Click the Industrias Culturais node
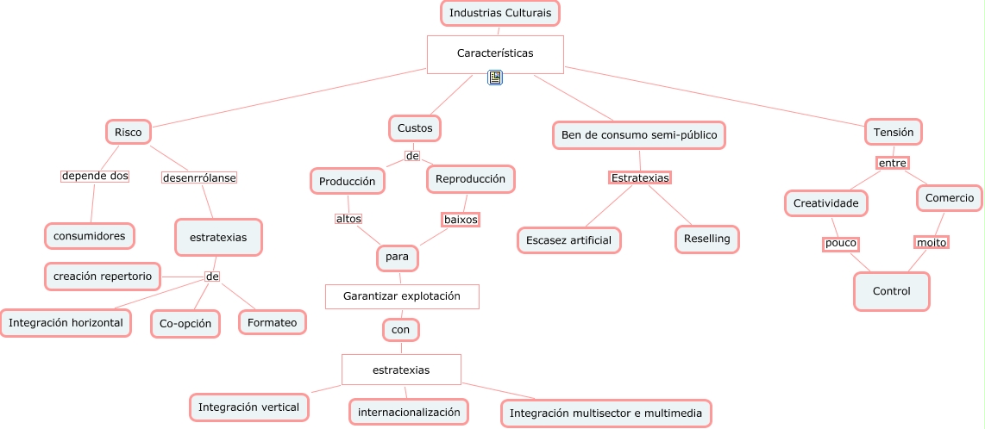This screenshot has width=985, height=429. (x=500, y=13)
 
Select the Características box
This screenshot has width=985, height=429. (x=495, y=53)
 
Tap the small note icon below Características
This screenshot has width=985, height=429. (x=495, y=78)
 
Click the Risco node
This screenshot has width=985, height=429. (x=129, y=132)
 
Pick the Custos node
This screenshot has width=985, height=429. (x=415, y=128)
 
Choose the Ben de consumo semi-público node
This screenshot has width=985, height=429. (x=639, y=135)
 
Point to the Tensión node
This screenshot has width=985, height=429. (x=894, y=132)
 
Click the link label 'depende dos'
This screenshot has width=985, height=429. (x=95, y=176)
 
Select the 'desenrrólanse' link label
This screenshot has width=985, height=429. (x=199, y=178)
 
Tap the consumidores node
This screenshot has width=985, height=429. (x=90, y=235)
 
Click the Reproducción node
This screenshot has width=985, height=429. (x=471, y=179)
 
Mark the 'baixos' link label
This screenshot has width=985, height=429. (x=461, y=220)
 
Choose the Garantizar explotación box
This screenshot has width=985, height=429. (x=402, y=296)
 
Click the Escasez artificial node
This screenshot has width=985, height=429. (x=568, y=240)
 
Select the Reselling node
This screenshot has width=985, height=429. (x=707, y=239)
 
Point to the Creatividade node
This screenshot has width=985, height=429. (x=826, y=203)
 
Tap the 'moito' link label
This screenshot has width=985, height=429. (x=932, y=243)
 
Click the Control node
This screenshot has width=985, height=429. (x=892, y=291)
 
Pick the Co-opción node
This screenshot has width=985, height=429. (x=185, y=324)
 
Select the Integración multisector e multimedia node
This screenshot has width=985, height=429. (x=606, y=413)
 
